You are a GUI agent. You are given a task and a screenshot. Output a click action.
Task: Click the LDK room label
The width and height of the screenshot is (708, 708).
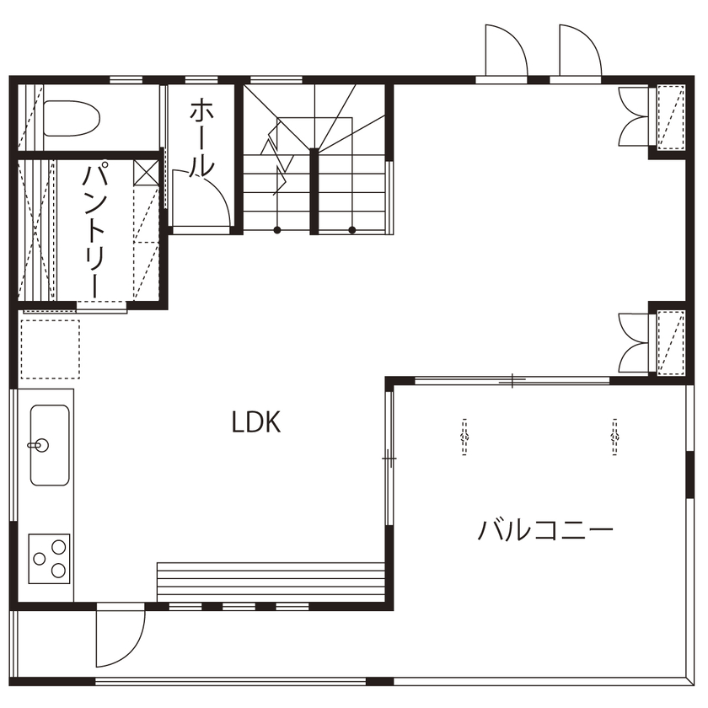[x=256, y=421]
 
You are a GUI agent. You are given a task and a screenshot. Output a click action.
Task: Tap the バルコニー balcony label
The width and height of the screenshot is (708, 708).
[x=545, y=531]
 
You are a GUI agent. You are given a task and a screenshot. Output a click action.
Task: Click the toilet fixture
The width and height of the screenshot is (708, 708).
[x=71, y=119]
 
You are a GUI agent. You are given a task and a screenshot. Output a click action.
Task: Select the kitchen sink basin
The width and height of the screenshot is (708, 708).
[x=50, y=444]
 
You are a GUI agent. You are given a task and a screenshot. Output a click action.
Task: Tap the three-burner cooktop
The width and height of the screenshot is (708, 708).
[x=49, y=557]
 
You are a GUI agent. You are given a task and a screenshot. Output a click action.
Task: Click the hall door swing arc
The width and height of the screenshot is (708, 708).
[x=207, y=195]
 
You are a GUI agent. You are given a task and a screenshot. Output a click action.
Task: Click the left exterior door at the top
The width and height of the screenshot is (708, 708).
[x=506, y=51]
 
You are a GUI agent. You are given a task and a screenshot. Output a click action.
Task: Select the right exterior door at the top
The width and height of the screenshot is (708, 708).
[x=579, y=51]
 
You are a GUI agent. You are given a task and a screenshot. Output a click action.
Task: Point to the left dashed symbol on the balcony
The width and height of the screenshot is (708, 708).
[x=464, y=437]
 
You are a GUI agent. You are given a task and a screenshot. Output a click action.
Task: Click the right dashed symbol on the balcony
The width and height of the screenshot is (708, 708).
[x=615, y=437]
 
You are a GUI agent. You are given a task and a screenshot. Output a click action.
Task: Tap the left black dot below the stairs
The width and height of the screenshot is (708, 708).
[x=276, y=229]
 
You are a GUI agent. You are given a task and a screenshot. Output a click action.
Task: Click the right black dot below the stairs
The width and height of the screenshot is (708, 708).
[x=351, y=229]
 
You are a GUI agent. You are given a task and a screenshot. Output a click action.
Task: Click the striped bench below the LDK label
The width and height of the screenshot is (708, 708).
[x=271, y=582]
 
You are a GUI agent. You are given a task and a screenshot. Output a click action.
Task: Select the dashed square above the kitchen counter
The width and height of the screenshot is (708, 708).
[x=49, y=346]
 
